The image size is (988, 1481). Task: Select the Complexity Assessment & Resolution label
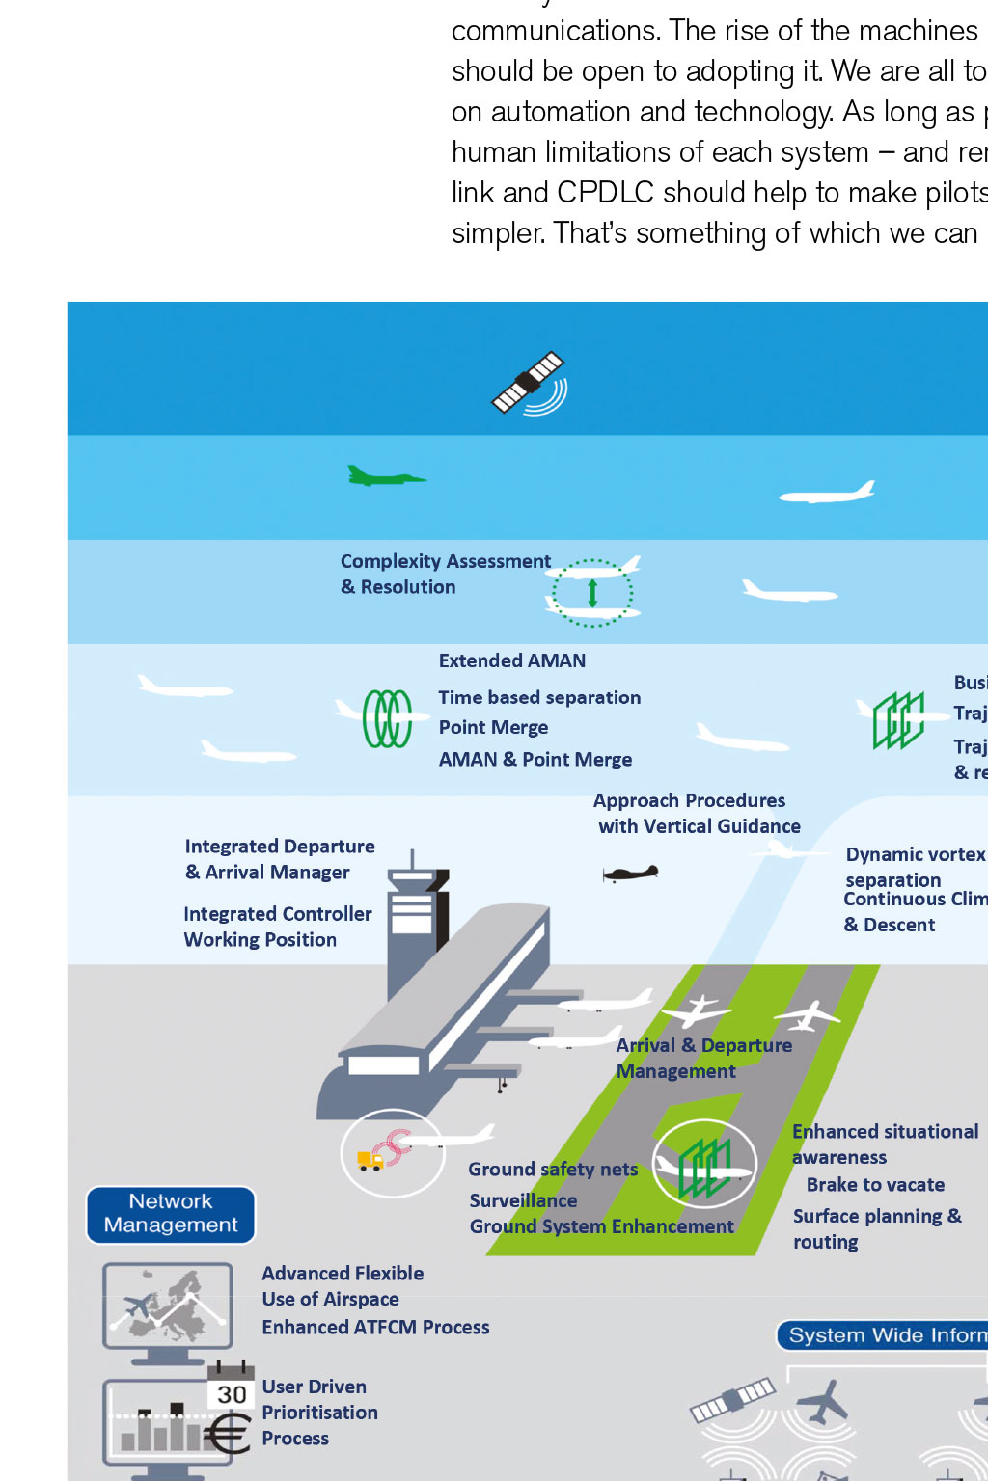click(x=445, y=574)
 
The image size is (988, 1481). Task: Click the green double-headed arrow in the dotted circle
click(x=592, y=592)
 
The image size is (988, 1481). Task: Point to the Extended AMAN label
click(x=511, y=660)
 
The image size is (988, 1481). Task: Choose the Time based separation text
click(x=539, y=697)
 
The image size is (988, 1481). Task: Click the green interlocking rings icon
click(x=387, y=718)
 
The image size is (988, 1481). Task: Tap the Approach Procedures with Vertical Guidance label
click(x=697, y=813)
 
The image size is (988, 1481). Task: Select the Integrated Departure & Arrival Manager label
click(x=280, y=859)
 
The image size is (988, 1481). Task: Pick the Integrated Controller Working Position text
click(x=277, y=927)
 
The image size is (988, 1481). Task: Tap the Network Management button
click(x=171, y=1214)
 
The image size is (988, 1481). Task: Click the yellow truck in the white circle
click(x=370, y=1160)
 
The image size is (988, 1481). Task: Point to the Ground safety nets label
click(x=553, y=1170)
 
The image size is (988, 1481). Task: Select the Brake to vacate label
click(x=875, y=1185)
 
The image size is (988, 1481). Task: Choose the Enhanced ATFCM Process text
click(x=375, y=1328)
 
